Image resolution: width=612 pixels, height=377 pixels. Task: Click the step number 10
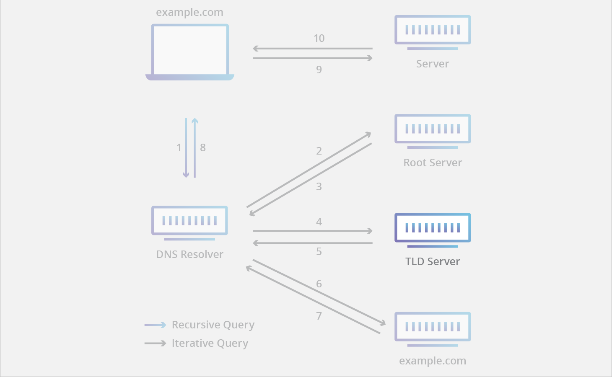click(319, 39)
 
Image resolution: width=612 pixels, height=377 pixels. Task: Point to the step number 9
click(319, 70)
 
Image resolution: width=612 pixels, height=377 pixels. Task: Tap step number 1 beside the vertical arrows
click(179, 147)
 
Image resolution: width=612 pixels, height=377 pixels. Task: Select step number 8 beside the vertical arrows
click(203, 147)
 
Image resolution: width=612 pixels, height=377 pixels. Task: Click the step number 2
click(319, 151)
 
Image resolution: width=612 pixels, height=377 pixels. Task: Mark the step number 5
click(319, 251)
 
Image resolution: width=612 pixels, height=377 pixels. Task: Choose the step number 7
click(319, 316)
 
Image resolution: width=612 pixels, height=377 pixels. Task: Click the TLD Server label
click(433, 262)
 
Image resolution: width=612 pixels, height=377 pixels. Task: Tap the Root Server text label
click(433, 163)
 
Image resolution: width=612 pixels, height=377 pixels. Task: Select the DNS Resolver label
click(189, 255)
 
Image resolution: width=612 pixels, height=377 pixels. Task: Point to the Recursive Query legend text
click(213, 325)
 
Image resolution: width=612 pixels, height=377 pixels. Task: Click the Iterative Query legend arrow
click(155, 343)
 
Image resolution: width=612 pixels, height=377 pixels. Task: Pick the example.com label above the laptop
click(189, 13)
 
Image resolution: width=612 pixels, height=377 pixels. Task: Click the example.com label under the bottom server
click(433, 361)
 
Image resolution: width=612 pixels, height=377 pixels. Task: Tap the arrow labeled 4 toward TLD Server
click(312, 231)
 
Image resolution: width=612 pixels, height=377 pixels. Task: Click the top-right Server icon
click(433, 31)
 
